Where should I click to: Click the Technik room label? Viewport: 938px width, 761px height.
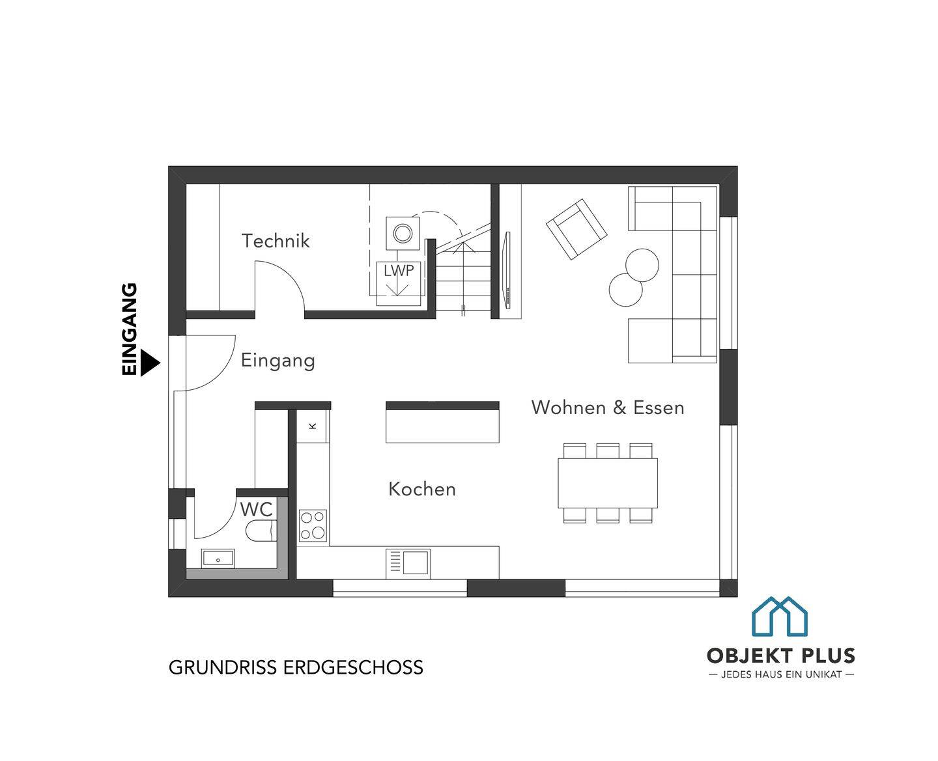[x=276, y=241]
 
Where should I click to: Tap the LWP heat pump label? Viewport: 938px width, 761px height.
[x=399, y=271]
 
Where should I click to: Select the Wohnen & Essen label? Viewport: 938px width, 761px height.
[x=608, y=408]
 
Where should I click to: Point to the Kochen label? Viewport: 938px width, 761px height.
[x=422, y=489]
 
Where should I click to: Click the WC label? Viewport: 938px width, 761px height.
[x=256, y=509]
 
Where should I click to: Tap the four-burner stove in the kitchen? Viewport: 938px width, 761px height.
[x=313, y=525]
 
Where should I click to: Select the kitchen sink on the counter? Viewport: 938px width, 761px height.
[x=408, y=563]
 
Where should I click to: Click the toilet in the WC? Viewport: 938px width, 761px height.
[x=261, y=531]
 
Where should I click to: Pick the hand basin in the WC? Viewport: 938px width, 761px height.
[x=218, y=559]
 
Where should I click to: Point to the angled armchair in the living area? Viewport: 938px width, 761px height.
[x=576, y=229]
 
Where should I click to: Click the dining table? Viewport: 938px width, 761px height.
[x=608, y=483]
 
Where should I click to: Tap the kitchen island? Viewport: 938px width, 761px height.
[x=442, y=422]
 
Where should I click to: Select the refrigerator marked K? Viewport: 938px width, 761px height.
[x=313, y=426]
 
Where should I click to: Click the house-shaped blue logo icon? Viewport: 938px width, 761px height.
[x=780, y=616]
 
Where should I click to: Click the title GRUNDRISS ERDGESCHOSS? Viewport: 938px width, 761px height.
[x=296, y=667]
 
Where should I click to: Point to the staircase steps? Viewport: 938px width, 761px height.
[x=463, y=280]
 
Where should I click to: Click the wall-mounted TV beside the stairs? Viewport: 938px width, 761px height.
[x=507, y=271]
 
